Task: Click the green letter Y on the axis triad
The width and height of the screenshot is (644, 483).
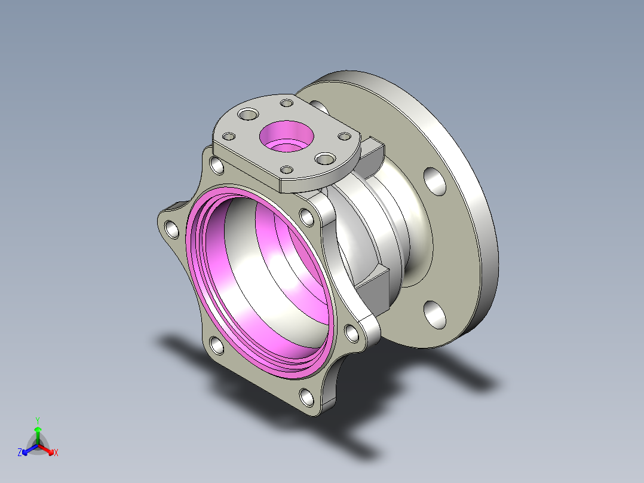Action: (x=38, y=420)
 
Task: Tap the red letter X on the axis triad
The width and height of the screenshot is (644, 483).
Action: (x=56, y=453)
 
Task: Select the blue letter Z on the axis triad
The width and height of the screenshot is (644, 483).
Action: (x=20, y=453)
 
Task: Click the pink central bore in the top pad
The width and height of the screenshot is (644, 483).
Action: (x=287, y=136)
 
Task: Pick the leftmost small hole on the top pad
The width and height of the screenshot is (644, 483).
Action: (x=229, y=136)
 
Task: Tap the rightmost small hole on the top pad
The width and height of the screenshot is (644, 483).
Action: (x=344, y=136)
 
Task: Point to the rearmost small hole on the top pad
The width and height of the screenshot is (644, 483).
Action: (x=286, y=103)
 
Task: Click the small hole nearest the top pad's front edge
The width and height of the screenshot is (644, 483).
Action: (x=286, y=169)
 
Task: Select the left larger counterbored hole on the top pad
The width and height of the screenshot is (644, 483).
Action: (x=248, y=114)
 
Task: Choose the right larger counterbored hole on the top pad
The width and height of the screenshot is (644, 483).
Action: (x=325, y=158)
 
